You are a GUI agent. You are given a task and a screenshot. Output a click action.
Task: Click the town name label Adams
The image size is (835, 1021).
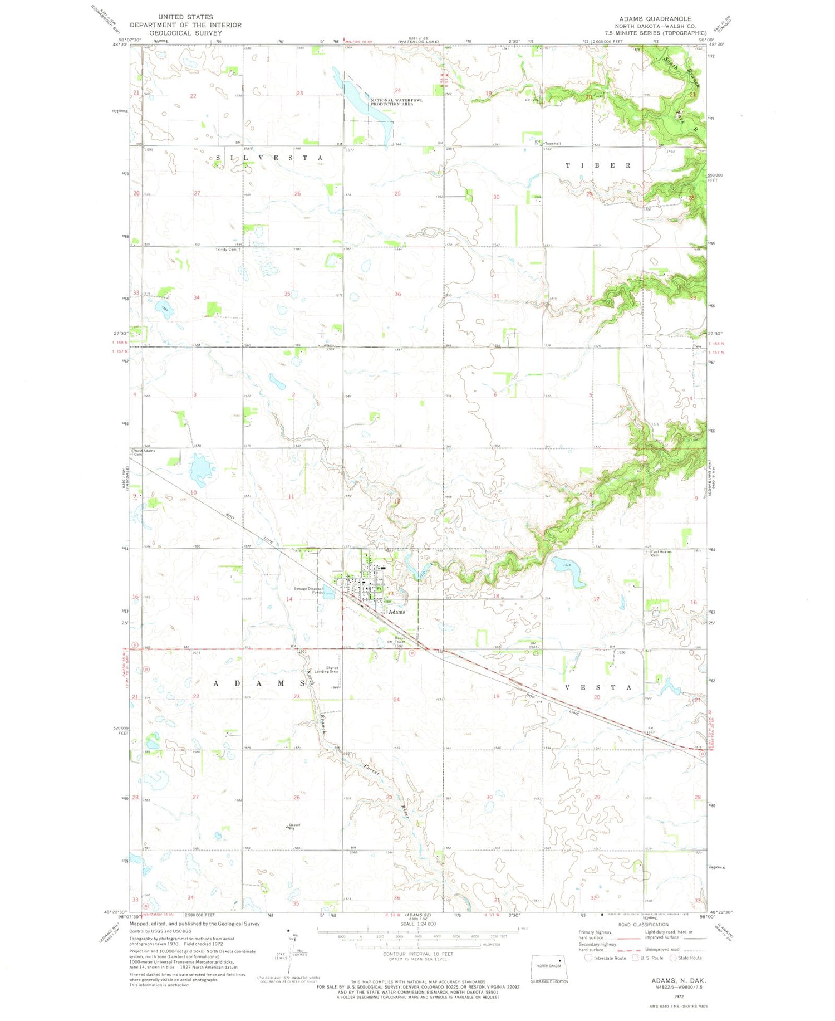click(396, 612)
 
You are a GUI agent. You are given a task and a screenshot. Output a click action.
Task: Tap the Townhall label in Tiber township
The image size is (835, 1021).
click(552, 143)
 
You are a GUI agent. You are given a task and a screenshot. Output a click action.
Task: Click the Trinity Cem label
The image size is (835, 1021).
click(227, 250)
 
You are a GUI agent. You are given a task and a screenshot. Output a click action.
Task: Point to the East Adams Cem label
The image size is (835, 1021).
click(661, 553)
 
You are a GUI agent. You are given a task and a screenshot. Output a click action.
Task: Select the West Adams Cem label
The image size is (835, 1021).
click(144, 452)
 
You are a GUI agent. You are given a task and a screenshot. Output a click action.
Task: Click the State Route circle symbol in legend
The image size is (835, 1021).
click(672, 958)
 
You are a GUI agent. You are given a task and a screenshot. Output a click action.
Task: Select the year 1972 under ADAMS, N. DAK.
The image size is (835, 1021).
click(678, 996)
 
